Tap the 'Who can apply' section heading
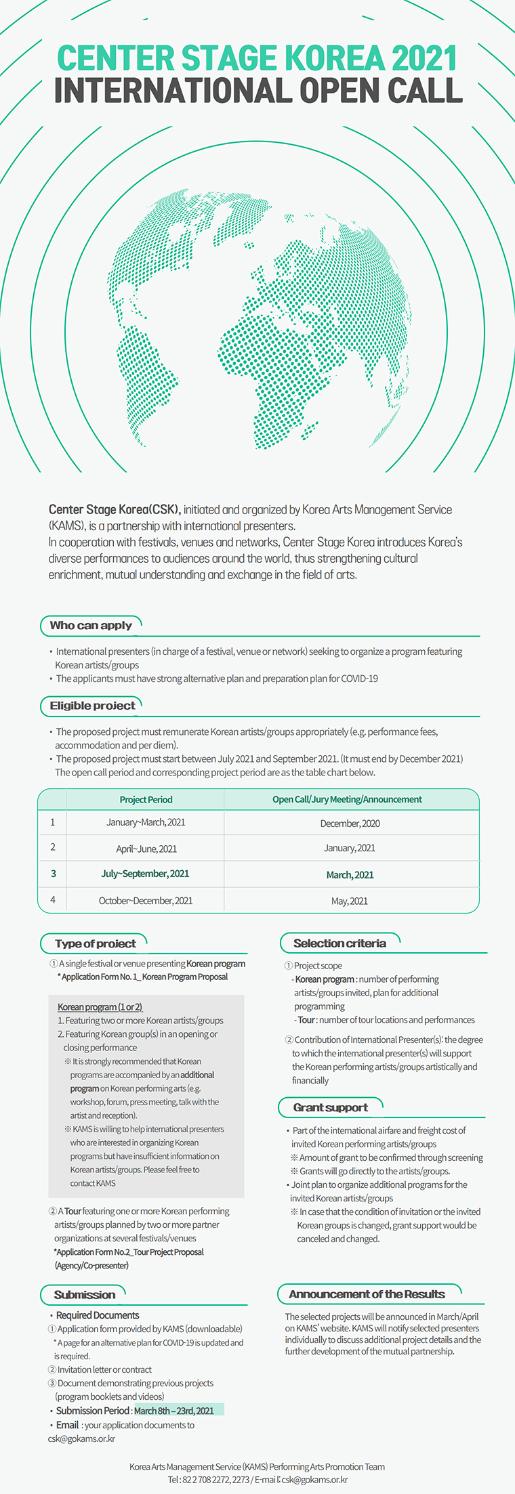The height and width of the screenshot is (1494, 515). pos(91,625)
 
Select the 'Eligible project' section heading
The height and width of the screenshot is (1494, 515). pos(92,705)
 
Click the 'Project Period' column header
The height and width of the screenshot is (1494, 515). pos(146,799)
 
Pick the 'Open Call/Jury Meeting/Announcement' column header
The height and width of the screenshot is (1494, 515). pos(347,799)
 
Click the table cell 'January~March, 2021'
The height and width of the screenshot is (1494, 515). pos(146,822)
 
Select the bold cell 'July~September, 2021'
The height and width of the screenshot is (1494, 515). pos(145,874)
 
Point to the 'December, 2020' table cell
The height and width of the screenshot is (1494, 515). pos(350,824)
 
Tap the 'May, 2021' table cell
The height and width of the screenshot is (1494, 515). pos(350,901)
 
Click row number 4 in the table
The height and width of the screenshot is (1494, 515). pos(53,900)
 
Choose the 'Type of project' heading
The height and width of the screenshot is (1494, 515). pos(96,943)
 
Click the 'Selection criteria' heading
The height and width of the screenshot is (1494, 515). pos(339,943)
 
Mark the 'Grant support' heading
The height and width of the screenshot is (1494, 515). pos(331,1107)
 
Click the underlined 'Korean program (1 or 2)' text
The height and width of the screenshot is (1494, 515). pos(100,1007)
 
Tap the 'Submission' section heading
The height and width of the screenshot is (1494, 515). pos(85,1294)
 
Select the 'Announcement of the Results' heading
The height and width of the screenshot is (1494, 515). pos(367,1294)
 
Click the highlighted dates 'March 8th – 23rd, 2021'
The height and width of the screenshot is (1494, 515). pos(174,1411)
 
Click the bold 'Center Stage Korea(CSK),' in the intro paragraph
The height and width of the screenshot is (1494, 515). pos(114,509)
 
